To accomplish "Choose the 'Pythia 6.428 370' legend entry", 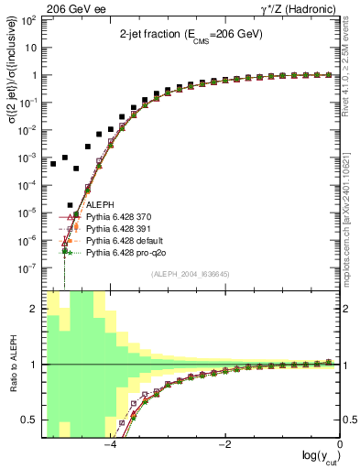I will (121, 217).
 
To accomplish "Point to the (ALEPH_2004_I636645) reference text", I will (190, 273).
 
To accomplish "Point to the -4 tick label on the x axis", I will (109, 445).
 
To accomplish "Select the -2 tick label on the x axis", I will (224, 445).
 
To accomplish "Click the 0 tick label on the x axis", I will (340, 445).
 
